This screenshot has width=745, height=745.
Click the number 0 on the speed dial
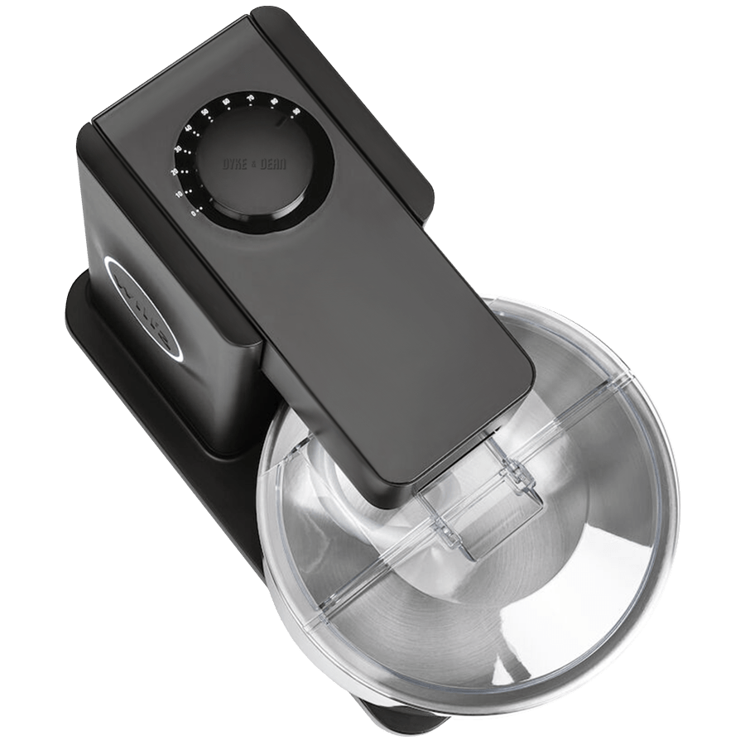point(192,214)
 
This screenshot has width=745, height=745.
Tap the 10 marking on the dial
point(180,194)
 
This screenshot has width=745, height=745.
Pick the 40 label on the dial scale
point(189,128)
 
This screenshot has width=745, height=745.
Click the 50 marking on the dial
point(205,112)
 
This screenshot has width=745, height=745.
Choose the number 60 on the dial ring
point(226,102)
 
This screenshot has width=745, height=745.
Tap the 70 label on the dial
point(250,98)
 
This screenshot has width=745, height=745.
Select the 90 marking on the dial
point(294,110)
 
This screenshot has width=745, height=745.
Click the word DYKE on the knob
point(234,165)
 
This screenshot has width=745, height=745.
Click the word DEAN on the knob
point(273,165)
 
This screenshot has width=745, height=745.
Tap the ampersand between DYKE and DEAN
point(254,165)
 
